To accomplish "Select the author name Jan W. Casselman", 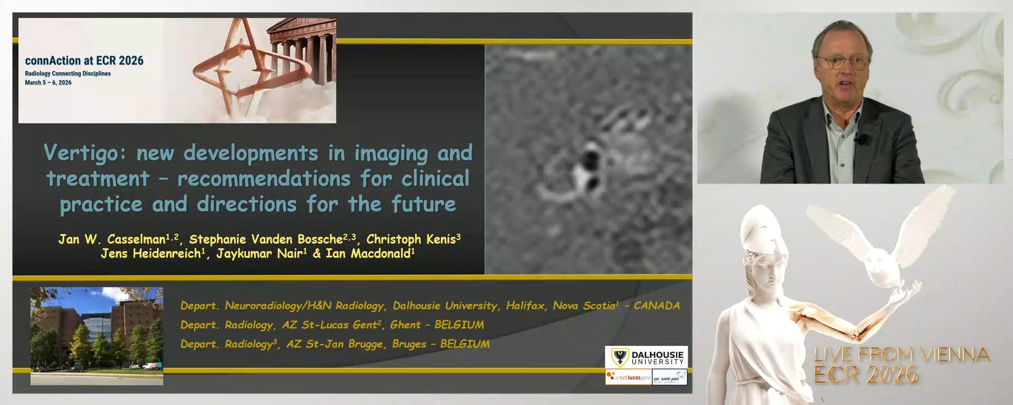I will click(112, 239).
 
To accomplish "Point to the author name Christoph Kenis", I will click(411, 239).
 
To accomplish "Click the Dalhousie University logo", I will click(647, 358).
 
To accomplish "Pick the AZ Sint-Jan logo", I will click(669, 378).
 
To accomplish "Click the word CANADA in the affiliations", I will click(656, 306).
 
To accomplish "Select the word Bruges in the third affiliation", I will click(409, 344).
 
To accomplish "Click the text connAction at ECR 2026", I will click(84, 61).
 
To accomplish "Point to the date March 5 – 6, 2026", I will click(48, 83).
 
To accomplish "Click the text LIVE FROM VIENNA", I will click(901, 354).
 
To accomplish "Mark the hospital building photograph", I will click(97, 335).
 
